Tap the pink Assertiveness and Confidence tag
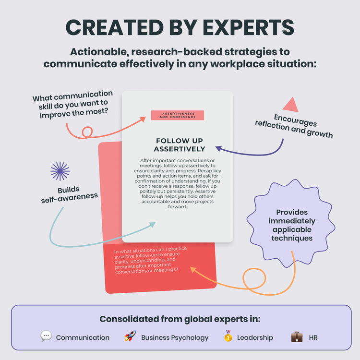(x=177, y=115)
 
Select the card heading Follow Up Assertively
(x=180, y=144)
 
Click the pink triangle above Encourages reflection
(x=290, y=105)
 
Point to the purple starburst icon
(x=60, y=171)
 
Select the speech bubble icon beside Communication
(x=46, y=336)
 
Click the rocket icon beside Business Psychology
(x=130, y=336)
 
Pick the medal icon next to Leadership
(x=228, y=336)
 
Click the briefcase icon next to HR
(x=297, y=336)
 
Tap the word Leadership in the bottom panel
(x=255, y=337)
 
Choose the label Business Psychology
(x=175, y=337)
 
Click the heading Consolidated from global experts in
(x=180, y=319)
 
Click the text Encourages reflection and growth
(x=294, y=126)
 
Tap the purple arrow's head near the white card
(x=217, y=148)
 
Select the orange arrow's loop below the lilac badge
(x=254, y=280)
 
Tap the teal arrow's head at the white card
(x=154, y=224)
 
